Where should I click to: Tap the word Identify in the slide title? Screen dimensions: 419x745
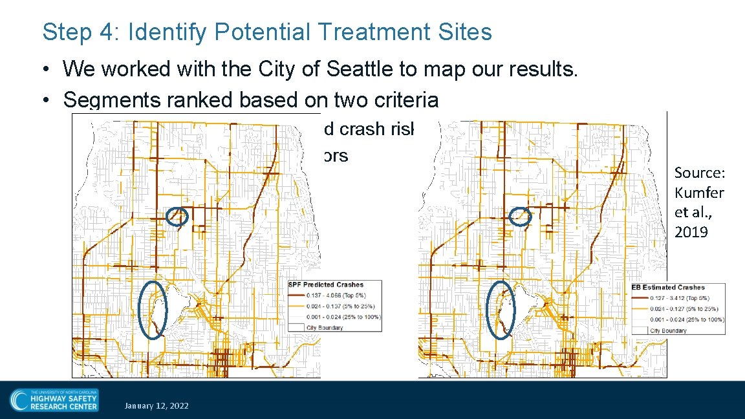pyautogui.click(x=160, y=32)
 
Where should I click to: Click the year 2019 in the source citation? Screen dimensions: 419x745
pyautogui.click(x=691, y=231)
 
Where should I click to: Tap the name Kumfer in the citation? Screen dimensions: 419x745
pyautogui.click(x=699, y=192)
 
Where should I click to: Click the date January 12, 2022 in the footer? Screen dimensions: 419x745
pyautogui.click(x=157, y=405)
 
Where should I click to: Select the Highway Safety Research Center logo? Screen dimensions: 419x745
pyautogui.click(x=54, y=400)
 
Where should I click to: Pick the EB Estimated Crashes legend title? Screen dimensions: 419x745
pyautogui.click(x=667, y=287)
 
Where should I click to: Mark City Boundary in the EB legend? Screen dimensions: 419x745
pyautogui.click(x=668, y=330)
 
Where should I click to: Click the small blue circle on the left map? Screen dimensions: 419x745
pyautogui.click(x=177, y=217)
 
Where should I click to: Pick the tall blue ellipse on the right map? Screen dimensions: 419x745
pyautogui.click(x=501, y=310)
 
